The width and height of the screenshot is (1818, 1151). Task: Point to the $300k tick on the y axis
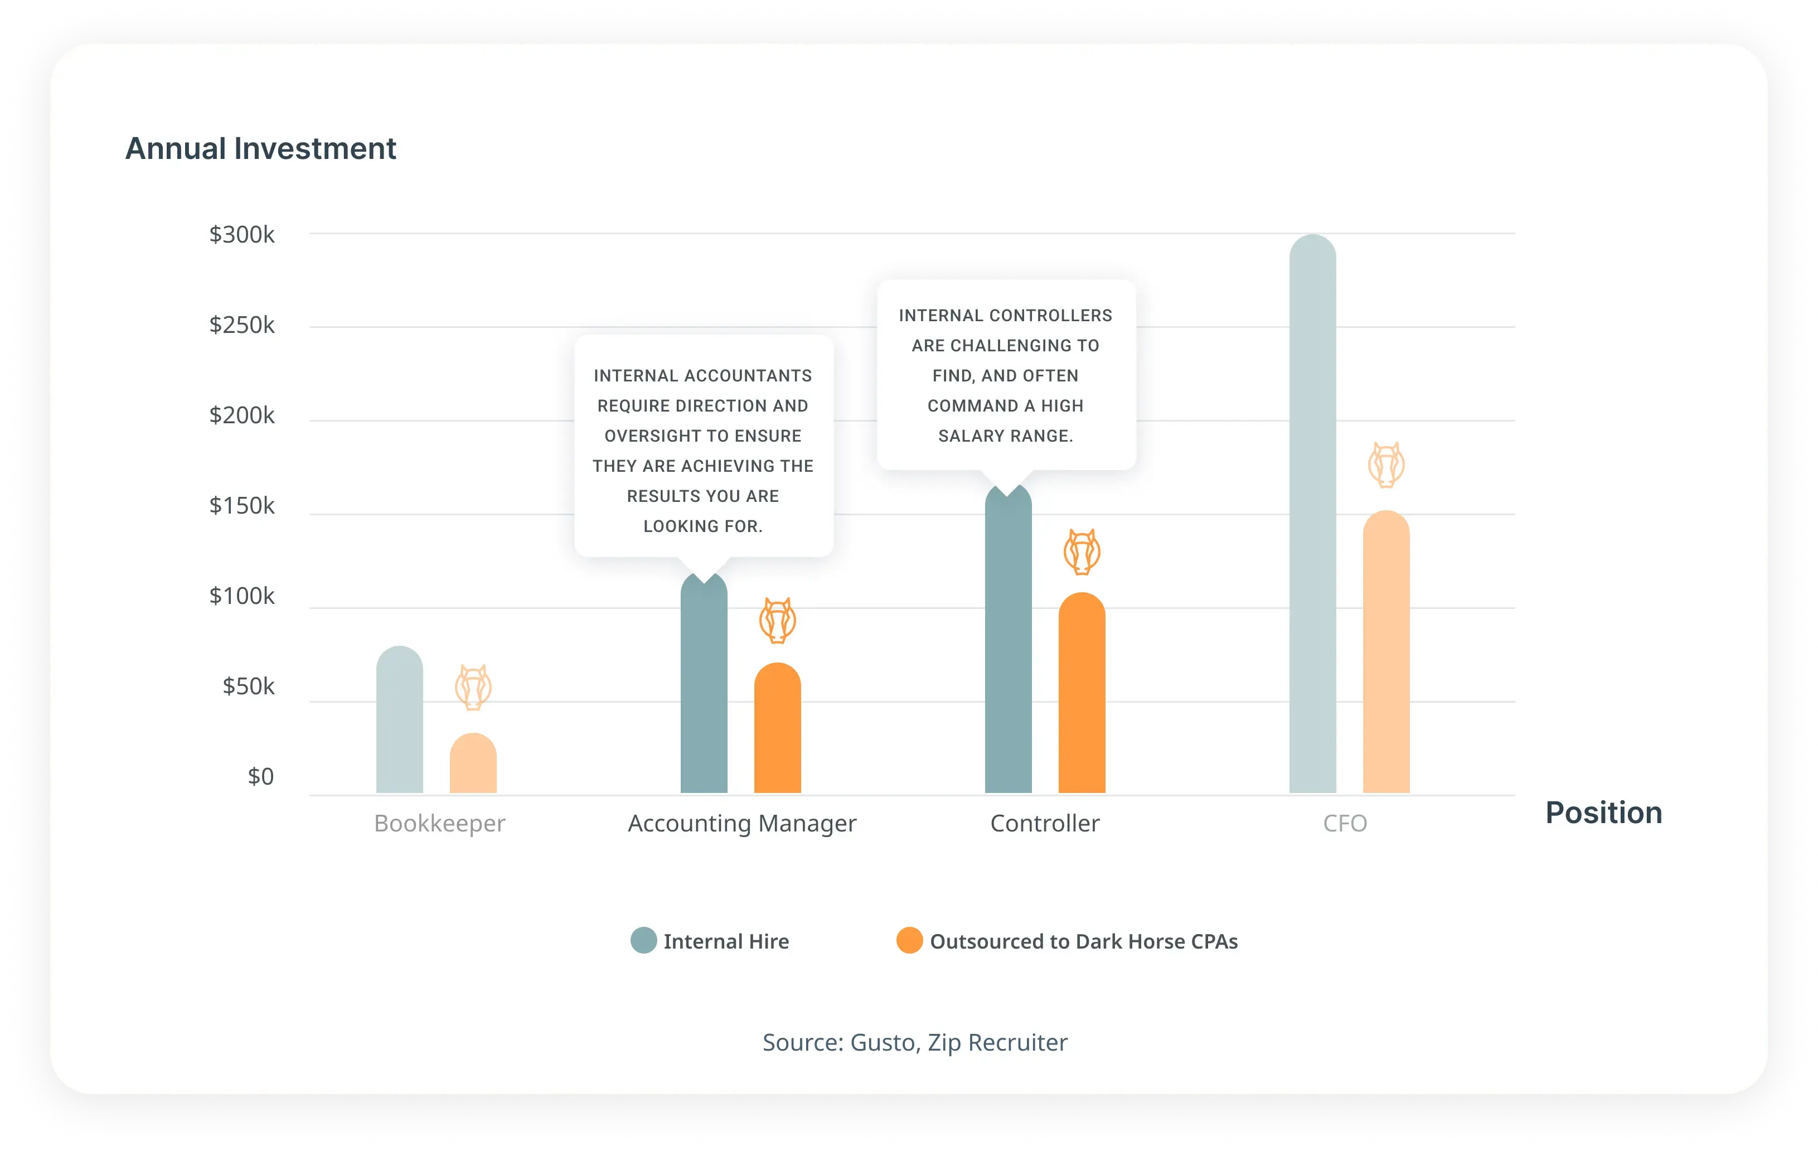point(241,234)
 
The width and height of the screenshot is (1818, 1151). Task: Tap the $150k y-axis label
point(241,505)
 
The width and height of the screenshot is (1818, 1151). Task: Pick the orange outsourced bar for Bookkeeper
point(473,763)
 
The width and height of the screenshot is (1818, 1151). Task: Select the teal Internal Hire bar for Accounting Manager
point(704,684)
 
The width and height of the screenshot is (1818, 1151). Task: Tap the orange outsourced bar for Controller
point(1082,693)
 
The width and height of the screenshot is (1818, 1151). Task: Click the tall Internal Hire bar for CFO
point(1313,514)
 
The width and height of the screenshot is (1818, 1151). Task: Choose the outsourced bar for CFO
point(1386,652)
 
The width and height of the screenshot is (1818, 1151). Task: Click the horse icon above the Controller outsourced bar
point(1082,552)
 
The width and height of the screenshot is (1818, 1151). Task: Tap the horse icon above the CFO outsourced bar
point(1386,465)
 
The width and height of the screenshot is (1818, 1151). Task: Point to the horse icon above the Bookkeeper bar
point(473,687)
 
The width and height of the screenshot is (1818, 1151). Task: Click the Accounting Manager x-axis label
point(742,823)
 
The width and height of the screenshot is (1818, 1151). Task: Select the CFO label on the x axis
point(1345,823)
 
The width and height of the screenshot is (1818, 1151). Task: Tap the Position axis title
point(1603,813)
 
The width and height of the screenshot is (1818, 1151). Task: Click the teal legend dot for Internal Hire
point(643,940)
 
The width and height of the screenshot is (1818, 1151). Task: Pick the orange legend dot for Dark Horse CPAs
point(910,940)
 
